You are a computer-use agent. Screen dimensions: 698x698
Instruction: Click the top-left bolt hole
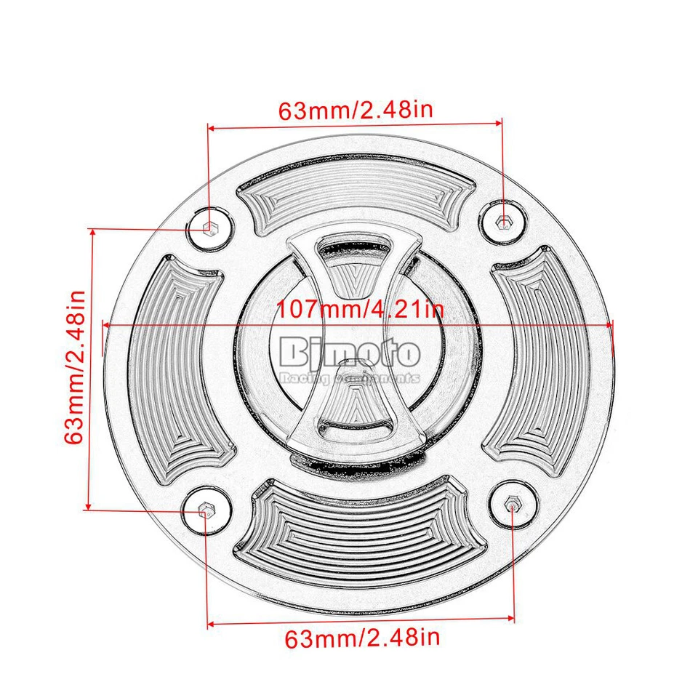point(209,228)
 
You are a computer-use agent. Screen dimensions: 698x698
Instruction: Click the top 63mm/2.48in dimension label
point(356,111)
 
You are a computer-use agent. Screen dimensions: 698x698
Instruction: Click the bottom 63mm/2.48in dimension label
point(362,639)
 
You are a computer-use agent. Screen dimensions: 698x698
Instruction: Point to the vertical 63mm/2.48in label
point(76,367)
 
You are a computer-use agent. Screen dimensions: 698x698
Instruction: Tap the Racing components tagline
point(350,378)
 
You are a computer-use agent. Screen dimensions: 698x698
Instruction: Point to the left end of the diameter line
point(106,324)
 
